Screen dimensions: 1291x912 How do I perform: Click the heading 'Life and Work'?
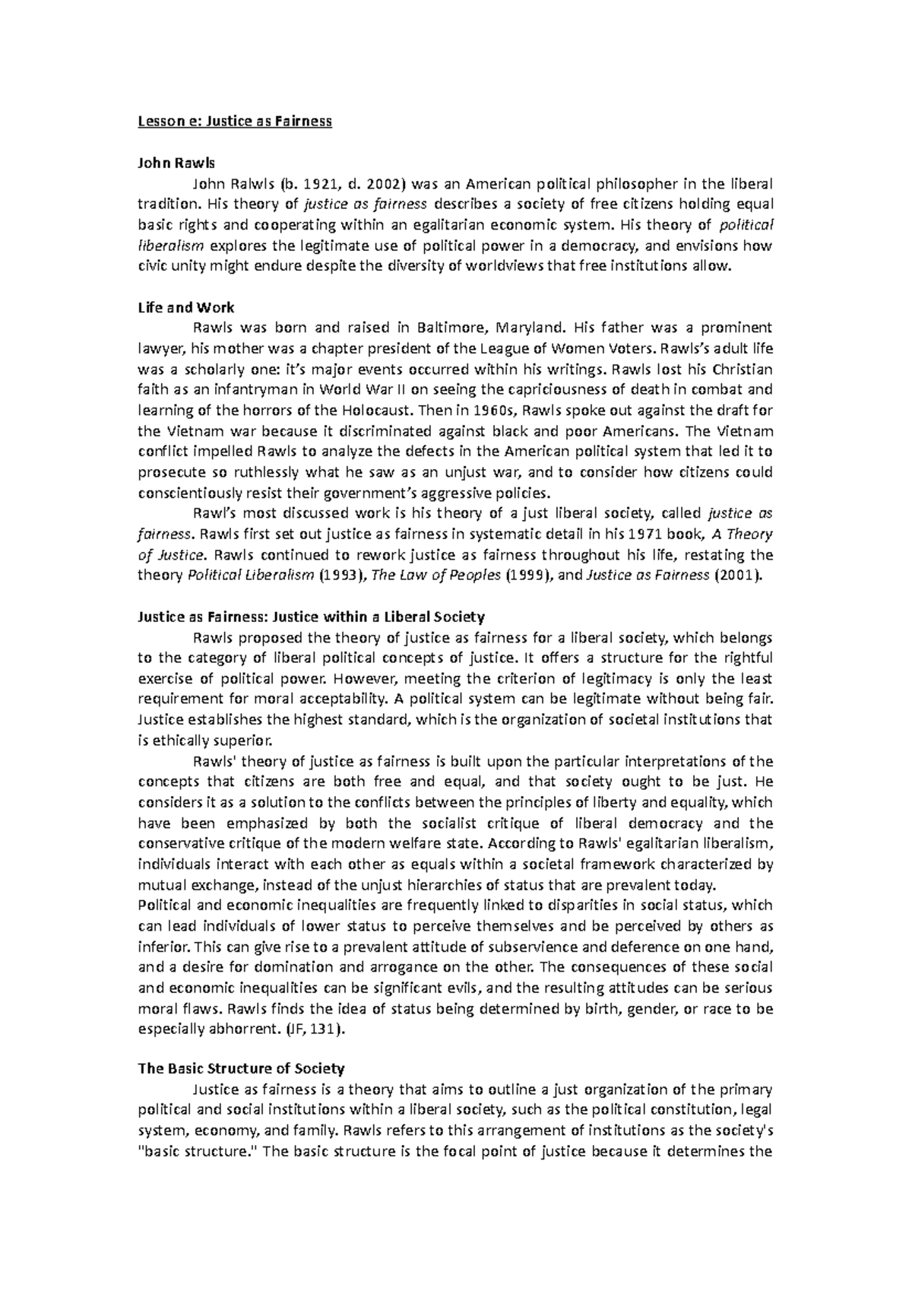(x=185, y=308)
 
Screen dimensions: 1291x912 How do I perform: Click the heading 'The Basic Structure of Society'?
(x=241, y=1068)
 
